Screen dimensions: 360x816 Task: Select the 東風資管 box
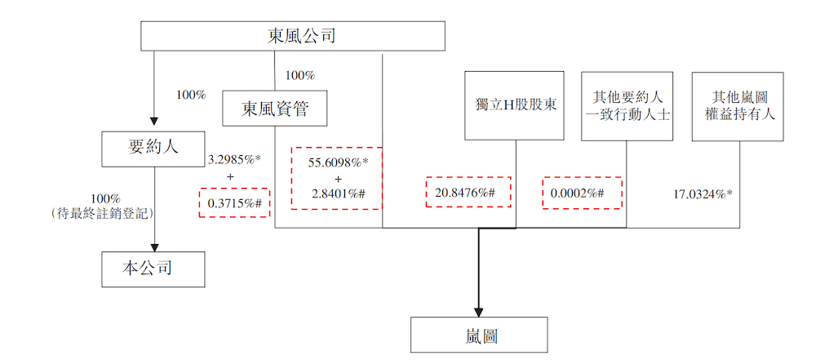click(275, 109)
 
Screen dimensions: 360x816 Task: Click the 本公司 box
click(153, 268)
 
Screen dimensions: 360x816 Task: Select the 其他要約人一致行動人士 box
click(627, 104)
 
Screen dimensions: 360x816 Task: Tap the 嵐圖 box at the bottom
click(478, 335)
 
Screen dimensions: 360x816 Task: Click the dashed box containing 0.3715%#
click(234, 202)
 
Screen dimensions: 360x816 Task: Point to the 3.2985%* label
click(234, 158)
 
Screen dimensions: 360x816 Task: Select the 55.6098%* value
click(338, 163)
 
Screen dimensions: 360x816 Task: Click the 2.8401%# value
click(338, 193)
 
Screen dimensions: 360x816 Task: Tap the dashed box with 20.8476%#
click(468, 193)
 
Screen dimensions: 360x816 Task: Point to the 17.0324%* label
click(703, 194)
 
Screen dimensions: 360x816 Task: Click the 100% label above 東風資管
click(299, 76)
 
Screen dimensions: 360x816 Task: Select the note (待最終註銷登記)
click(106, 212)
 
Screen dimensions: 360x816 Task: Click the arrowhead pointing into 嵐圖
click(479, 312)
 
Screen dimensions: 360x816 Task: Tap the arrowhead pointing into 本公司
click(153, 246)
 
